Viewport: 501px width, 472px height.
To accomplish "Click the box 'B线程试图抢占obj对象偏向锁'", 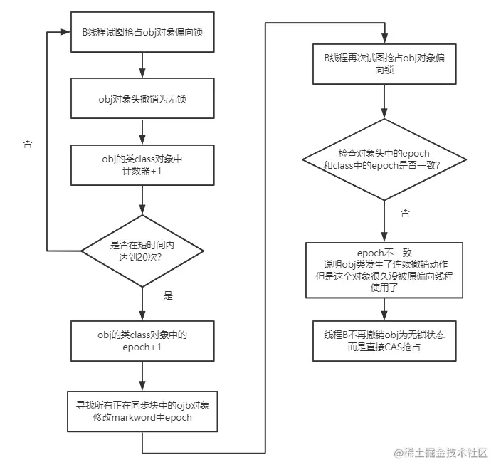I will (142, 31).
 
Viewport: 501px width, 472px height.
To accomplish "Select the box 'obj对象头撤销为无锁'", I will (142, 99).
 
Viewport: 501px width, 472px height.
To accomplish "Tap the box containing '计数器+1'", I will (142, 164).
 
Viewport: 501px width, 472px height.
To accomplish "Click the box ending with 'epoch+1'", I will (142, 341).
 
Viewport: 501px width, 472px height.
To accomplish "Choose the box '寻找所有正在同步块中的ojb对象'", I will (142, 411).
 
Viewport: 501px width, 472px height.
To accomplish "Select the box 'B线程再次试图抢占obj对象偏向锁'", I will (384, 64).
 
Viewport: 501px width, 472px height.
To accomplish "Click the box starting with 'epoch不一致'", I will (384, 270).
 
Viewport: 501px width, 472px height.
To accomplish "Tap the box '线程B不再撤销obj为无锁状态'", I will (384, 340).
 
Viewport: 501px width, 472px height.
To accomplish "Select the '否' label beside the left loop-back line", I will (27, 143).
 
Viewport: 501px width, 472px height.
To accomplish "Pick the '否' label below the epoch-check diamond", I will (404, 212).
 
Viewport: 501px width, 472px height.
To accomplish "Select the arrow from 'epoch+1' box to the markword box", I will (142, 375).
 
